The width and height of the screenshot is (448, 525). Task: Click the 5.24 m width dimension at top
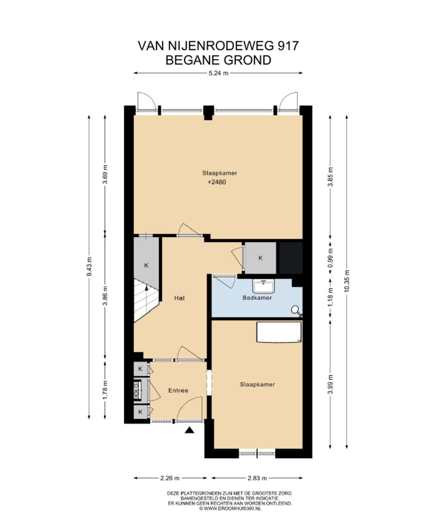click(x=218, y=73)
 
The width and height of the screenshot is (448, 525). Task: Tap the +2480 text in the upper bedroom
click(x=217, y=183)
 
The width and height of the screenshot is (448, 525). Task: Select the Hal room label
click(x=179, y=298)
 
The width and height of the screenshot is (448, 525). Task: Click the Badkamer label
click(x=257, y=298)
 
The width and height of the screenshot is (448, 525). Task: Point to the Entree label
click(x=178, y=390)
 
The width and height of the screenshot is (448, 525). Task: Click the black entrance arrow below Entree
click(x=190, y=430)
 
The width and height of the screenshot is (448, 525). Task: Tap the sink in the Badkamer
click(x=264, y=285)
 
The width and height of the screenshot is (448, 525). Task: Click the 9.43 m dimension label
click(x=89, y=266)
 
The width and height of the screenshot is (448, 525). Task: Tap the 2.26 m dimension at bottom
click(x=170, y=477)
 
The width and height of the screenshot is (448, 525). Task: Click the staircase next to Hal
click(x=146, y=301)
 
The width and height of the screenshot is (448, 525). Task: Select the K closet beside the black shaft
click(x=260, y=258)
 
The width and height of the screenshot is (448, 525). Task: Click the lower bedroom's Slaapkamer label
click(x=257, y=385)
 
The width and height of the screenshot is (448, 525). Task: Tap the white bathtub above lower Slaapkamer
click(x=278, y=332)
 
